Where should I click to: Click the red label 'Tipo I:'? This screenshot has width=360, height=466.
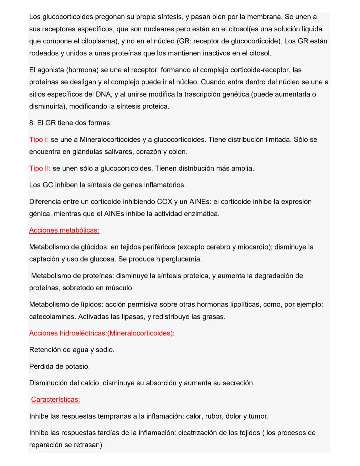click(x=39, y=139)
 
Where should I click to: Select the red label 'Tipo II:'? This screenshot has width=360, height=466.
click(x=40, y=168)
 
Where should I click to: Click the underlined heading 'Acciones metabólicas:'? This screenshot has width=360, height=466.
click(x=64, y=230)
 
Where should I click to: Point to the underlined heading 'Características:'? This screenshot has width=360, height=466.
click(x=55, y=399)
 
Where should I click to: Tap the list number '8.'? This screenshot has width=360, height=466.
click(x=32, y=123)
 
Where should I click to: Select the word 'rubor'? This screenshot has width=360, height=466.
click(x=213, y=416)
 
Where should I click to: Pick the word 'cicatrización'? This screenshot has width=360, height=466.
click(x=199, y=433)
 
